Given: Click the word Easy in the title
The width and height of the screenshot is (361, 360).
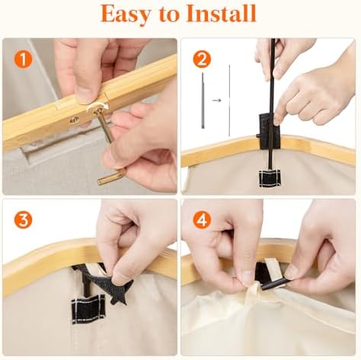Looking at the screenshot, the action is [125, 14].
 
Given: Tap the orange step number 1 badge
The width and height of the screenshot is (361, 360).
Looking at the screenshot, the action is [24, 60].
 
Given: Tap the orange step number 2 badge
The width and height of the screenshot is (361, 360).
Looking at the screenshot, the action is [202, 60].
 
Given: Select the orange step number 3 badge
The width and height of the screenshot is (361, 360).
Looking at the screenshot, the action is [24, 220].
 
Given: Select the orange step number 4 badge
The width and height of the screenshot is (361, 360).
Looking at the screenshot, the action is [203, 220].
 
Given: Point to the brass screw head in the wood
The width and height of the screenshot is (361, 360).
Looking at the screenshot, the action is [75, 119].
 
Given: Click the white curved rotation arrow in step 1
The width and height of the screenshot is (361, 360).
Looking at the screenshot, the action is [97, 107].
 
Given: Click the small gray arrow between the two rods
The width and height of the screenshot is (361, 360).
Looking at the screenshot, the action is [216, 100].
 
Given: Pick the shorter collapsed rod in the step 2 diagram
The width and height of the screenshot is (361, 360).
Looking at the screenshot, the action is [203, 100].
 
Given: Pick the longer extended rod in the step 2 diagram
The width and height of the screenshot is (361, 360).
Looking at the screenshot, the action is [229, 100].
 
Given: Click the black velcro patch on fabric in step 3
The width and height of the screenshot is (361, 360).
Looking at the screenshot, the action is [88, 309].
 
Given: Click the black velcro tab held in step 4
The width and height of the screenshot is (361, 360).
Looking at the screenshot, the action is [273, 283].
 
